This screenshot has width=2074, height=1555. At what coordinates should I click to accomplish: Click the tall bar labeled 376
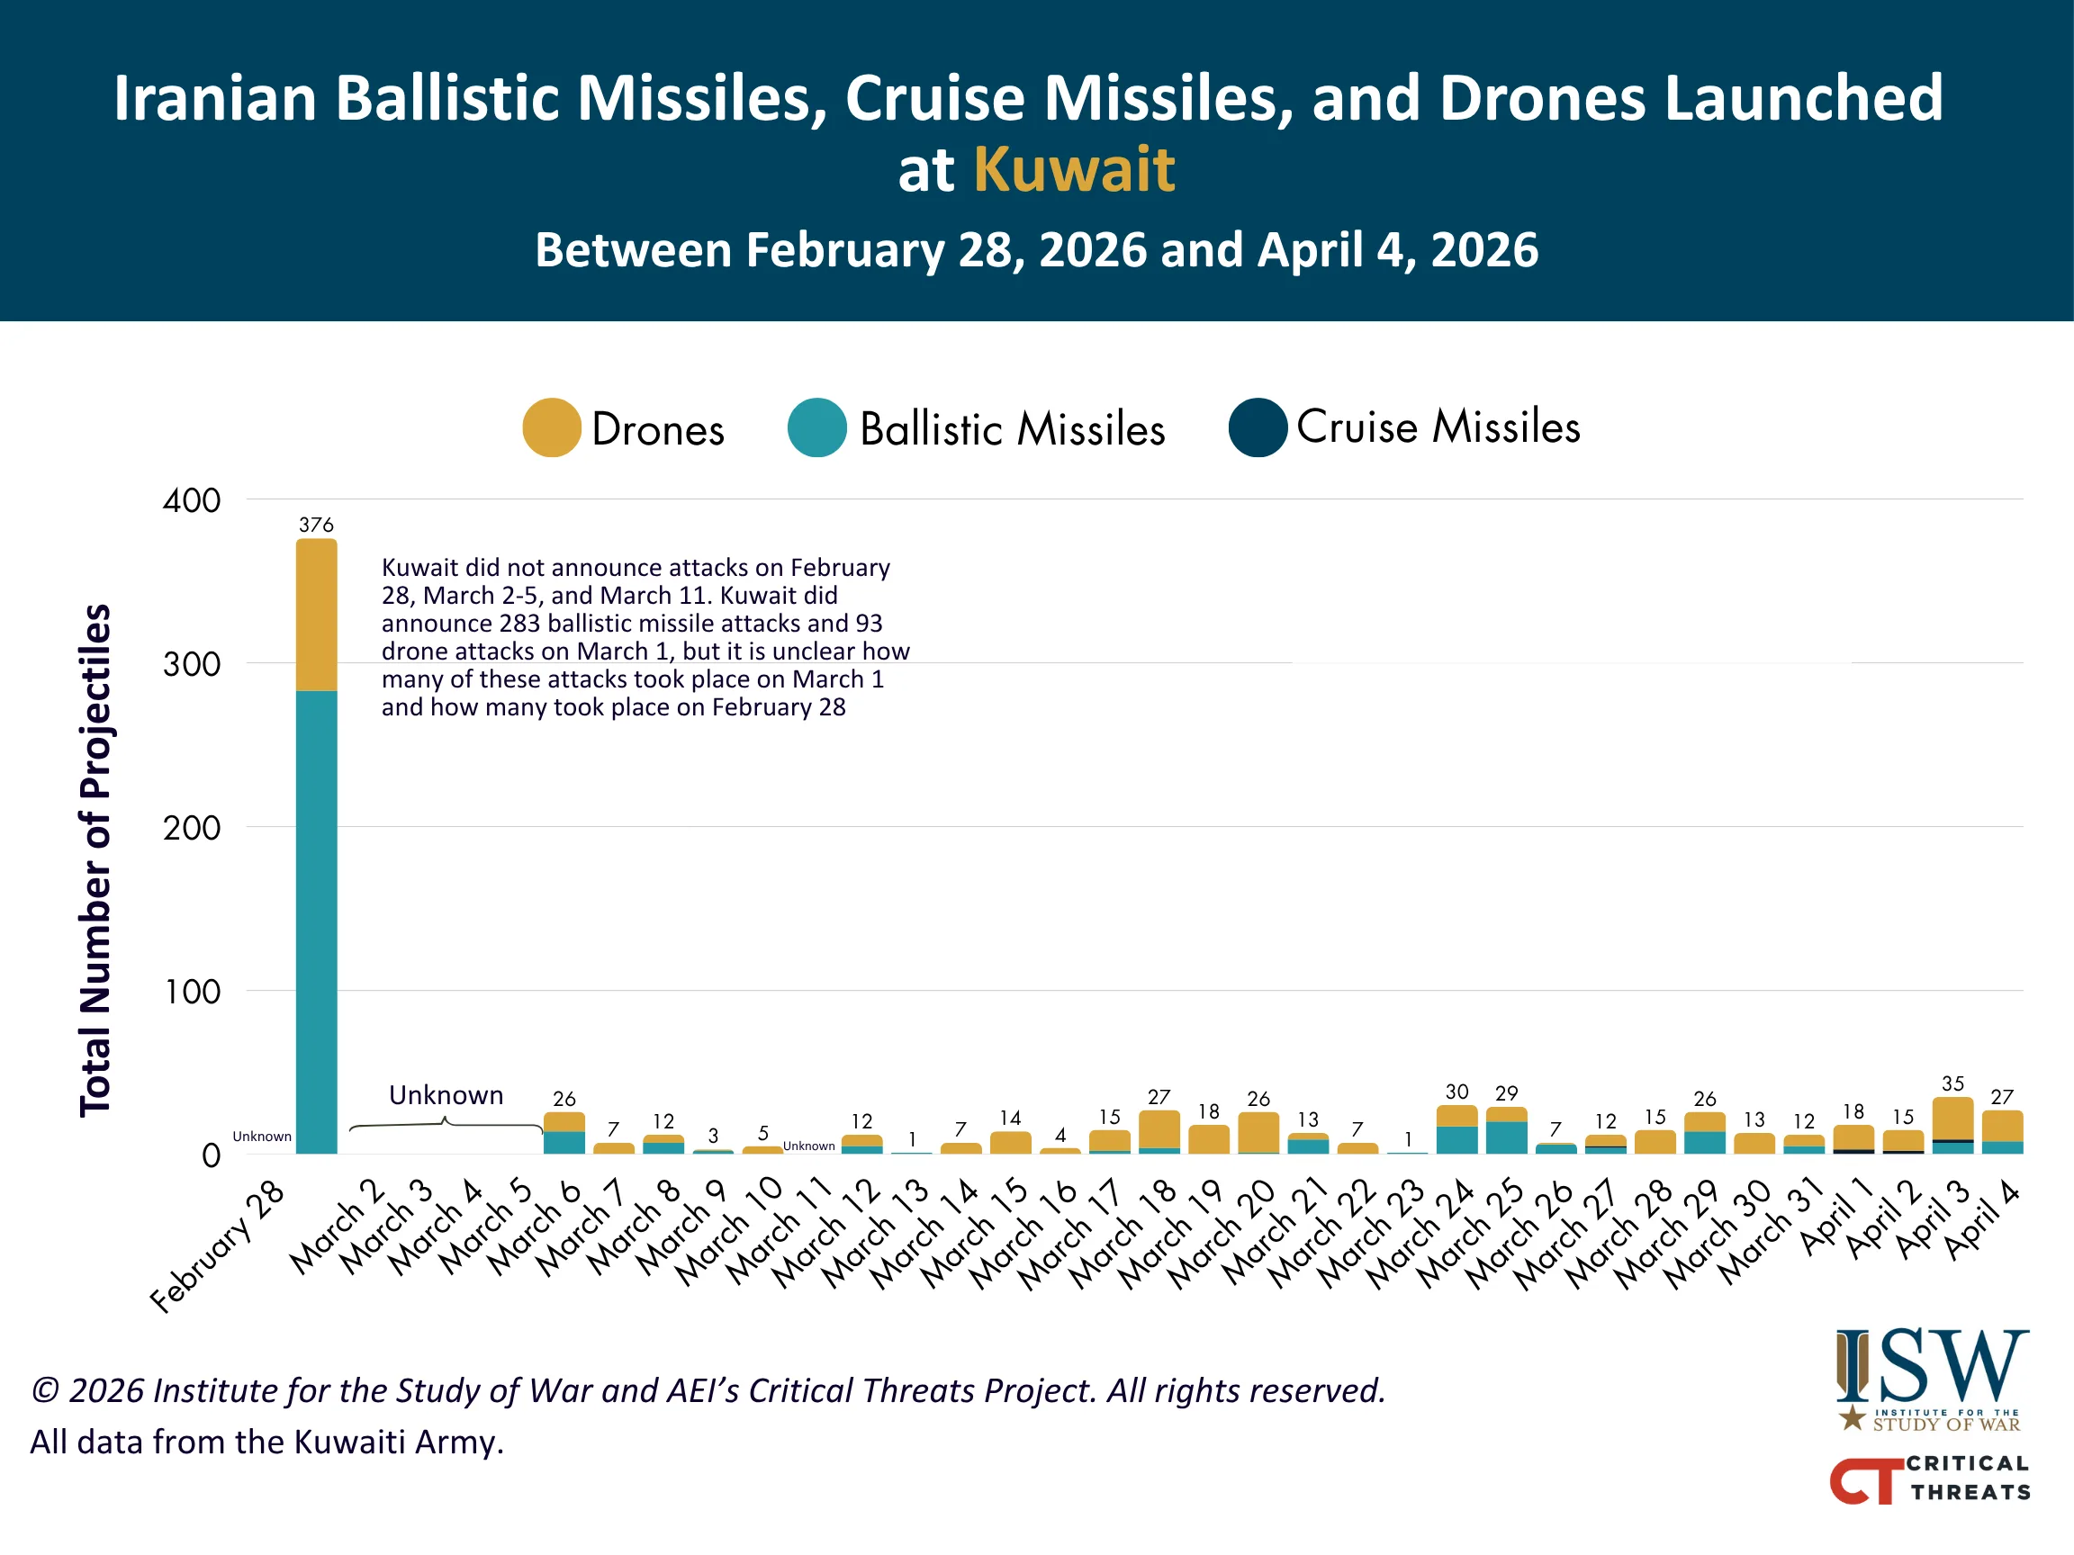click(316, 843)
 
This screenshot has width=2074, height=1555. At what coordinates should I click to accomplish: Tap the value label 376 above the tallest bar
click(316, 525)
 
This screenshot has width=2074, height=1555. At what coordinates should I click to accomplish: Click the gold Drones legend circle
click(551, 427)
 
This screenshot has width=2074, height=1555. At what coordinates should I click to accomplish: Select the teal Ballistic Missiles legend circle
click(816, 427)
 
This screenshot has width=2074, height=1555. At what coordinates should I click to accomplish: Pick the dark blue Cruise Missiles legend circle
click(1258, 427)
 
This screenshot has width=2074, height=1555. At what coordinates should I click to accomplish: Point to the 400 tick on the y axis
click(193, 500)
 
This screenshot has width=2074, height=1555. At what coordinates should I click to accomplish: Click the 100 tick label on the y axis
click(193, 992)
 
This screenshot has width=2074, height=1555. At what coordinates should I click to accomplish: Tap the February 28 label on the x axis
click(219, 1246)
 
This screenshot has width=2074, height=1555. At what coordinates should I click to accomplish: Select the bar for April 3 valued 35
click(1952, 1125)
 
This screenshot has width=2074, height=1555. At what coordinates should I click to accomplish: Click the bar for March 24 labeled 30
click(1456, 1130)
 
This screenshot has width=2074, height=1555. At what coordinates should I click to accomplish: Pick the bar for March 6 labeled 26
click(564, 1133)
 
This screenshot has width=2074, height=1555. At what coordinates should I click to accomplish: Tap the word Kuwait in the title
click(1074, 170)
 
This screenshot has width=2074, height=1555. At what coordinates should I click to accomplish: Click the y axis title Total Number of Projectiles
click(95, 859)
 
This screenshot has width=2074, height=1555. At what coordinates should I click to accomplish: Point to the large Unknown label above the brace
click(446, 1095)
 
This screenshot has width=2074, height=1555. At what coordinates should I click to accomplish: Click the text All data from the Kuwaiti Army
click(267, 1442)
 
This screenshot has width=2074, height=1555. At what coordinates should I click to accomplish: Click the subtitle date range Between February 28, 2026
click(1036, 250)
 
